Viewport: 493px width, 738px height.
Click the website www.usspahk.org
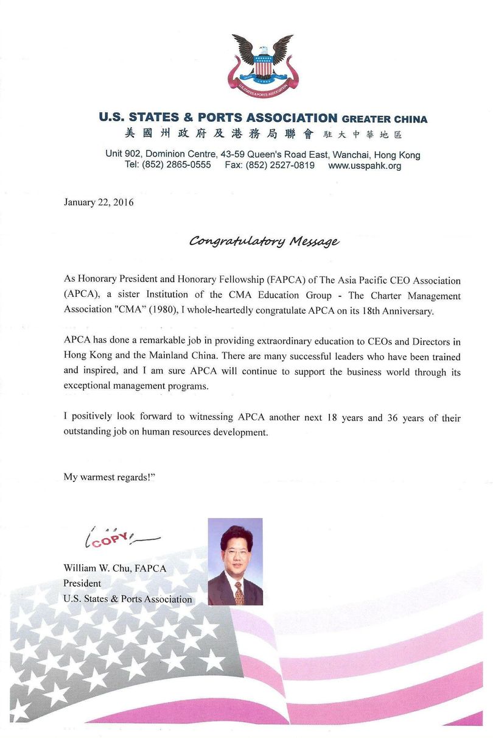click(x=365, y=165)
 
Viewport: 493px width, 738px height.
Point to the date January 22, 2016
click(x=99, y=202)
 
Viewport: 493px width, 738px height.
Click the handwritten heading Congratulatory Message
click(x=264, y=241)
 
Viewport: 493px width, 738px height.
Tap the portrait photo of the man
click(x=235, y=561)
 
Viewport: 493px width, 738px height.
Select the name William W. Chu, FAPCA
click(x=115, y=568)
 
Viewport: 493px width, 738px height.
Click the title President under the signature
click(x=82, y=583)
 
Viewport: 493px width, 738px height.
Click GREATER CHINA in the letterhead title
click(x=385, y=119)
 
